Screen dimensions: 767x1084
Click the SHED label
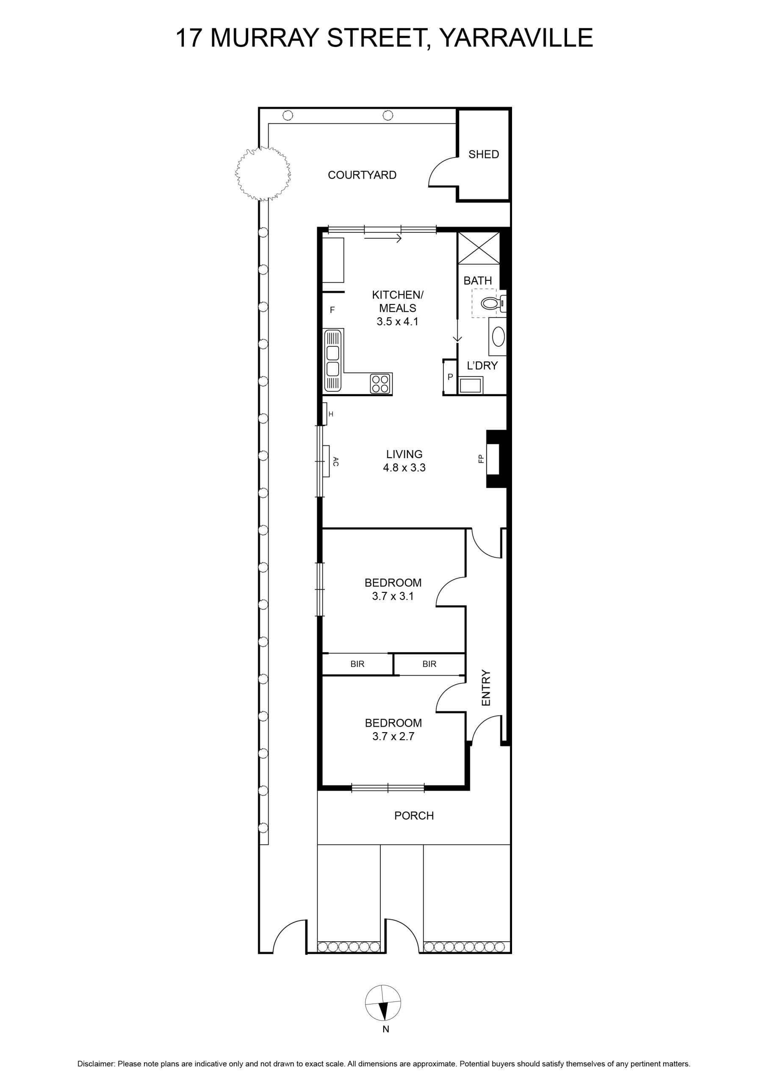(x=483, y=155)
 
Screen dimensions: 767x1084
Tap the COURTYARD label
(x=362, y=175)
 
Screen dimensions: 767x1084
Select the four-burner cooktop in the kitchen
(x=380, y=383)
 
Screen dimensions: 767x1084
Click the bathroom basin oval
(x=498, y=337)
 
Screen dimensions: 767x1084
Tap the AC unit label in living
(x=336, y=461)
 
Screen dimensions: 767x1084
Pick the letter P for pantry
(x=450, y=377)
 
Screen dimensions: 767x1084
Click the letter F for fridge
(x=332, y=310)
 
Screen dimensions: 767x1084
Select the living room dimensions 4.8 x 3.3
(x=404, y=468)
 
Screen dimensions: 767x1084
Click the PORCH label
(x=414, y=816)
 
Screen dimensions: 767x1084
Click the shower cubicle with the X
(x=479, y=248)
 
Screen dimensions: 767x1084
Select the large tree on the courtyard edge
(x=263, y=173)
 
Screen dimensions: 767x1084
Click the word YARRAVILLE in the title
(x=516, y=38)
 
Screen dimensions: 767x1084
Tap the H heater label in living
(x=331, y=414)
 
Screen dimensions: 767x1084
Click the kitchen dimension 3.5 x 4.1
(x=398, y=322)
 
